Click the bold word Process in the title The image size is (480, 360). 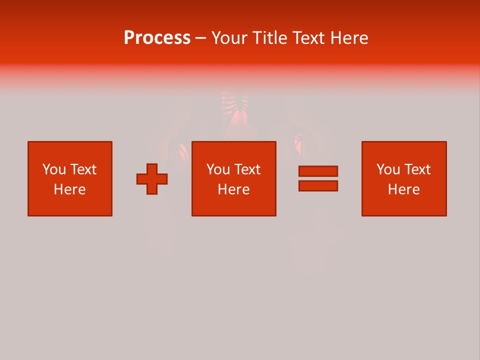[157, 38]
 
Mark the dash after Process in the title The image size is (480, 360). [200, 38]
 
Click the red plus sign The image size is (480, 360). [152, 179]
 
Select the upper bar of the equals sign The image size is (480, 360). [318, 171]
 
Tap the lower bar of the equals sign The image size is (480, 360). [318, 185]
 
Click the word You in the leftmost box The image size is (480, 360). [54, 169]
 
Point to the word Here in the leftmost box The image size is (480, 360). [69, 189]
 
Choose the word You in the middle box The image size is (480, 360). [218, 169]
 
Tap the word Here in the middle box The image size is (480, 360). [233, 189]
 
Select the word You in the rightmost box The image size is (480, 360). [388, 169]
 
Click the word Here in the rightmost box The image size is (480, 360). [403, 189]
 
